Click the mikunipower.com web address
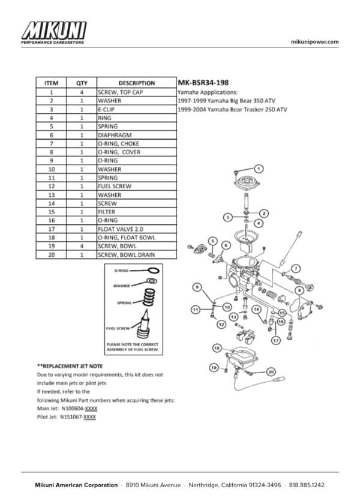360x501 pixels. [314, 41]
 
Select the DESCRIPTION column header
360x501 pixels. [137, 83]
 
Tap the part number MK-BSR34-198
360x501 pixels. [203, 83]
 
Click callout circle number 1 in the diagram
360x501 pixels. [259, 168]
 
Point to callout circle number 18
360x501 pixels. [217, 348]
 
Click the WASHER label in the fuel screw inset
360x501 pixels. [122, 286]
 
